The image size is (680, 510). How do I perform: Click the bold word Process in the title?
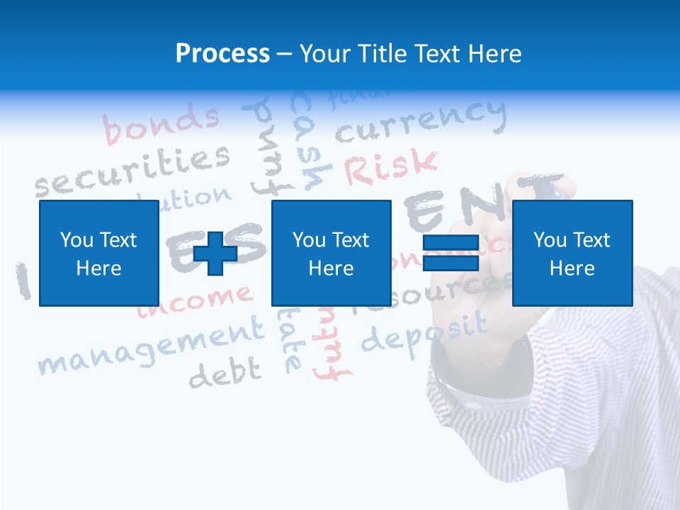point(222,53)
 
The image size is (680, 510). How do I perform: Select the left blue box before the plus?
point(98,253)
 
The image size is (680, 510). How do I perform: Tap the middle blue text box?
point(331,253)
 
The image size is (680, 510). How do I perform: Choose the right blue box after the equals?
point(572,253)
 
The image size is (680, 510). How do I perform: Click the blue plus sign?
point(215,254)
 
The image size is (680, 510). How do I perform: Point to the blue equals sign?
point(451,254)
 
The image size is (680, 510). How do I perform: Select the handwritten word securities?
point(133,170)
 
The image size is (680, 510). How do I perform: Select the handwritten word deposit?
point(424,331)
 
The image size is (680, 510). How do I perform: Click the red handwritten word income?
point(194,300)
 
